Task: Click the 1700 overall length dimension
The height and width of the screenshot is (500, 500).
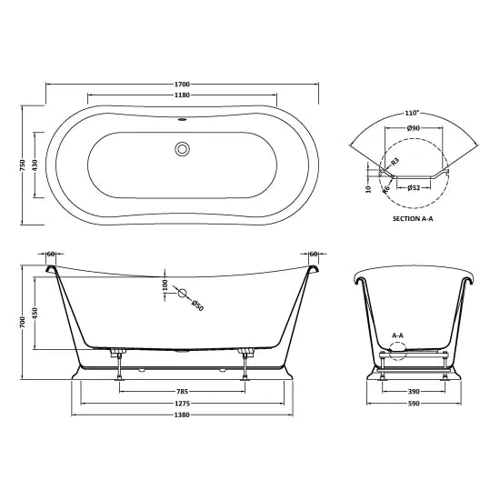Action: click(183, 84)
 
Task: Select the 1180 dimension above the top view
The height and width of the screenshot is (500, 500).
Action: click(183, 95)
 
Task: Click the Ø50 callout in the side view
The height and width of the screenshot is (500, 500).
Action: click(197, 305)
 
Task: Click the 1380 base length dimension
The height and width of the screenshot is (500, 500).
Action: click(183, 418)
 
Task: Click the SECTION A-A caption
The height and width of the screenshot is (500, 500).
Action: click(413, 219)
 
